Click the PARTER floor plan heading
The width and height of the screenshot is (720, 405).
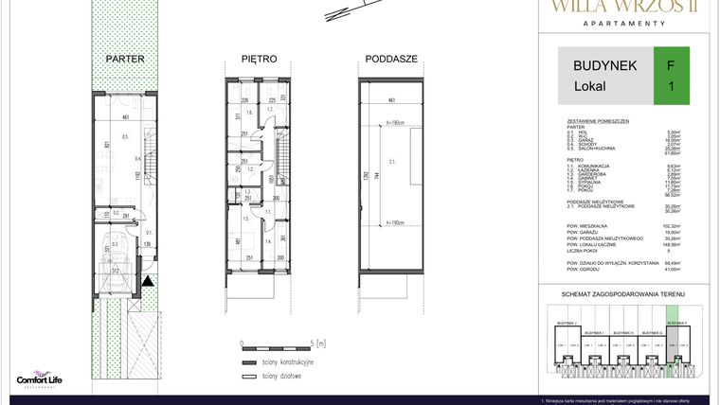pyautogui.click(x=125, y=59)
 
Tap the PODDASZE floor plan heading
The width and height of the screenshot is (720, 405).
pyautogui.click(x=391, y=59)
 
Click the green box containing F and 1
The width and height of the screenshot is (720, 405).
pyautogui.click(x=672, y=75)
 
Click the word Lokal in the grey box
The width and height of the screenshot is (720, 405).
pyautogui.click(x=590, y=86)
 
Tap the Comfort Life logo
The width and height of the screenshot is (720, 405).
pyautogui.click(x=39, y=378)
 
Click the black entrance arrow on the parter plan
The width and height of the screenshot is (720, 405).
pyautogui.click(x=149, y=280)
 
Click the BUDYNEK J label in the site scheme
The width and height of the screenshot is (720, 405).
pyautogui.click(x=567, y=322)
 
